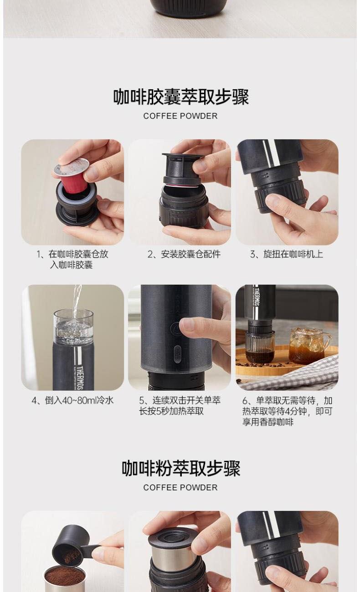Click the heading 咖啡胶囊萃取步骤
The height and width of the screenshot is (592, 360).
pos(181,97)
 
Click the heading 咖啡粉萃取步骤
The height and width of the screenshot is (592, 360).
pos(181,469)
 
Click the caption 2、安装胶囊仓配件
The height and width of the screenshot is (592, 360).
pos(184,254)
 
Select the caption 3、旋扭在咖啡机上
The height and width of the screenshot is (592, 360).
pos(287,254)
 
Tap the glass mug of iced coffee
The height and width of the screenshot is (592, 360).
pos(309,346)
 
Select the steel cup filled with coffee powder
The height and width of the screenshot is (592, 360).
pos(64,578)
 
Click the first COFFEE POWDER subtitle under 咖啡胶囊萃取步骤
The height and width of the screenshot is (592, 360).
pos(180,116)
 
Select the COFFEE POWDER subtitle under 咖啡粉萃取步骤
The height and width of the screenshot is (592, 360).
pos(180,488)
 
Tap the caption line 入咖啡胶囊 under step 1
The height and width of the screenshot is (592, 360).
pos(71,265)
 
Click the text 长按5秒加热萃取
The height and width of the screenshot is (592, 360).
pos(171,411)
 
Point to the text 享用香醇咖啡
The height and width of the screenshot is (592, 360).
pos(268,422)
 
